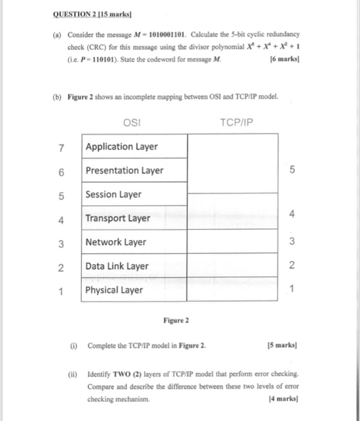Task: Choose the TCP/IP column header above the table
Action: click(x=237, y=123)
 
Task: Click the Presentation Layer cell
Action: click(x=124, y=170)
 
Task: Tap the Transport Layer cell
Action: click(x=118, y=218)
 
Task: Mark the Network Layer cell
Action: click(x=116, y=242)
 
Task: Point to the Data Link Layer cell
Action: click(x=117, y=266)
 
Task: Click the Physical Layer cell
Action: click(x=114, y=290)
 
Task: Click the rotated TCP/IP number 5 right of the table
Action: click(x=292, y=170)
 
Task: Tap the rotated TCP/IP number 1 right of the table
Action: click(x=292, y=290)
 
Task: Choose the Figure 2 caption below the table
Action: click(x=175, y=321)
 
